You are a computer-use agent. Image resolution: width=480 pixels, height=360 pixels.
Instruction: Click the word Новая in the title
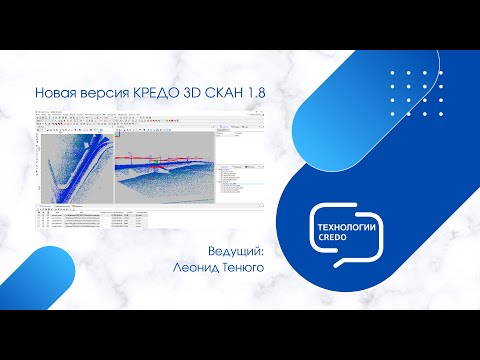[54, 93]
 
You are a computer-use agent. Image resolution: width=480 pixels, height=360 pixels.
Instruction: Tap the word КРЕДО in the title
[152, 93]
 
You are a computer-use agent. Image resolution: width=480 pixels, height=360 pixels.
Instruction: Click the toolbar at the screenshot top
[140, 119]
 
